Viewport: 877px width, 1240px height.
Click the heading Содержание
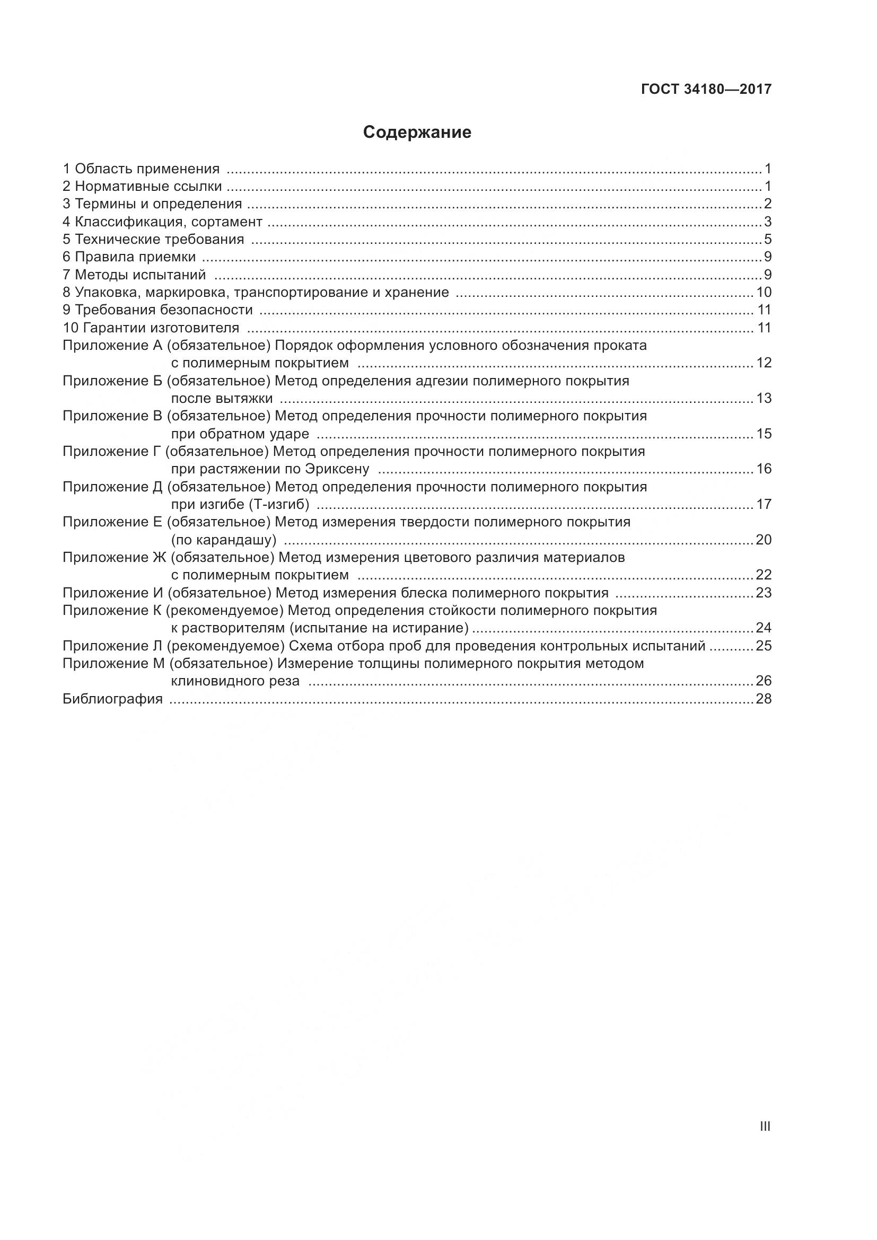coord(417,133)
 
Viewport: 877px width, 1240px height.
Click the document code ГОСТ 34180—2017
coord(706,90)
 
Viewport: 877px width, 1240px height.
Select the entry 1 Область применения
coord(142,169)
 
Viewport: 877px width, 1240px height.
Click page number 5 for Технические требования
coord(767,239)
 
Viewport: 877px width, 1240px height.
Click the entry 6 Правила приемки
coord(129,257)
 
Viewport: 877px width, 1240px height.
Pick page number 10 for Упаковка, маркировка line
coord(764,293)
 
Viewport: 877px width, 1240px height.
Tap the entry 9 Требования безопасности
coord(157,310)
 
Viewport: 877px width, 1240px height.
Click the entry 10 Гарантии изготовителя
coord(151,328)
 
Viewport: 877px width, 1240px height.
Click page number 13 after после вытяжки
coord(764,399)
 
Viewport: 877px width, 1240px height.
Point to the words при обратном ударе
coord(240,434)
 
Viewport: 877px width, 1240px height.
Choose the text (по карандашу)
coord(224,540)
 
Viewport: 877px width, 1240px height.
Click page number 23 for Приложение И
coord(764,593)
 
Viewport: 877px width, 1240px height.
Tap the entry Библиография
coord(112,699)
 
